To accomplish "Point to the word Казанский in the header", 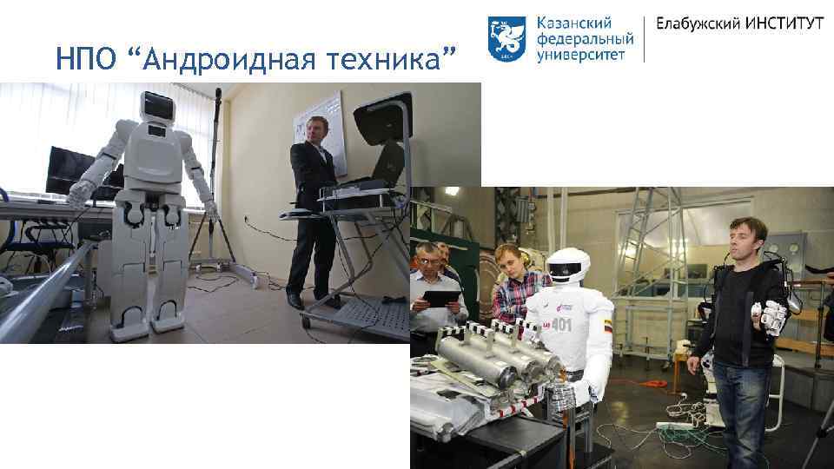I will click(574, 23).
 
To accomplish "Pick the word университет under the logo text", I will click(586, 54).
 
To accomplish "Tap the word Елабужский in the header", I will click(695, 23).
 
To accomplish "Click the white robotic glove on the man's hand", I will click(772, 314).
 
